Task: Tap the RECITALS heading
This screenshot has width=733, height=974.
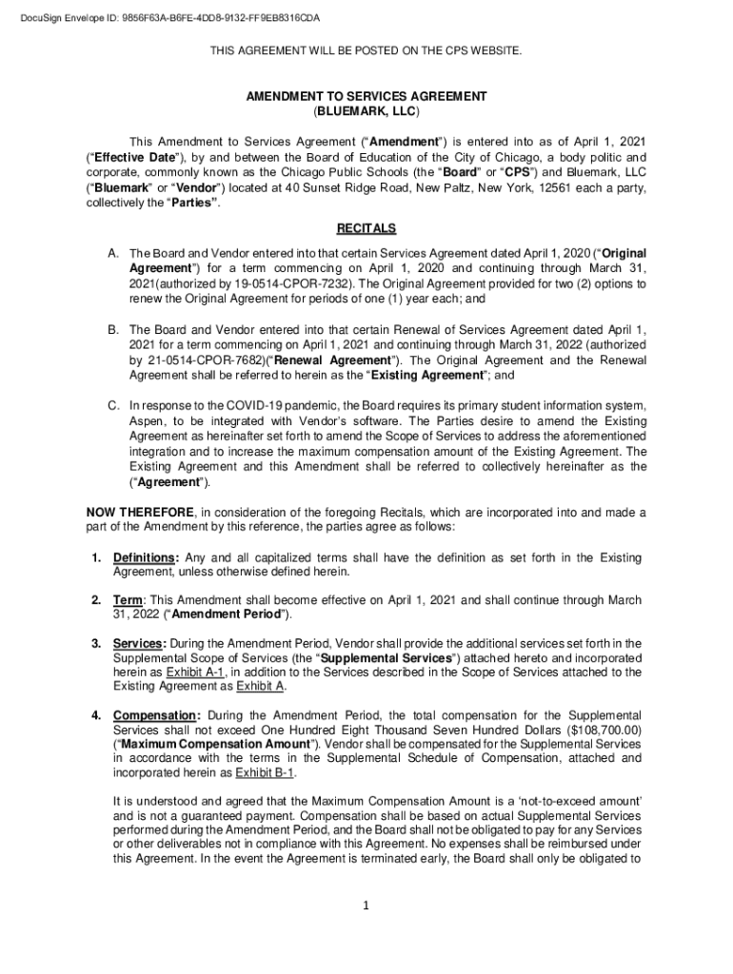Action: point(366,229)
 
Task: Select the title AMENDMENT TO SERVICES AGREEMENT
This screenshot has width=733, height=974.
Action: point(366,97)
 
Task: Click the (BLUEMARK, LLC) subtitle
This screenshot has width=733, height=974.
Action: point(366,110)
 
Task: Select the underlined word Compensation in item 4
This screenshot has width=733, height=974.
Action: point(156,714)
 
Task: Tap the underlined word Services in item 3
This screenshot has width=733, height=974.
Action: point(138,643)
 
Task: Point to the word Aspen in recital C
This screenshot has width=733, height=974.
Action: point(147,420)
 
